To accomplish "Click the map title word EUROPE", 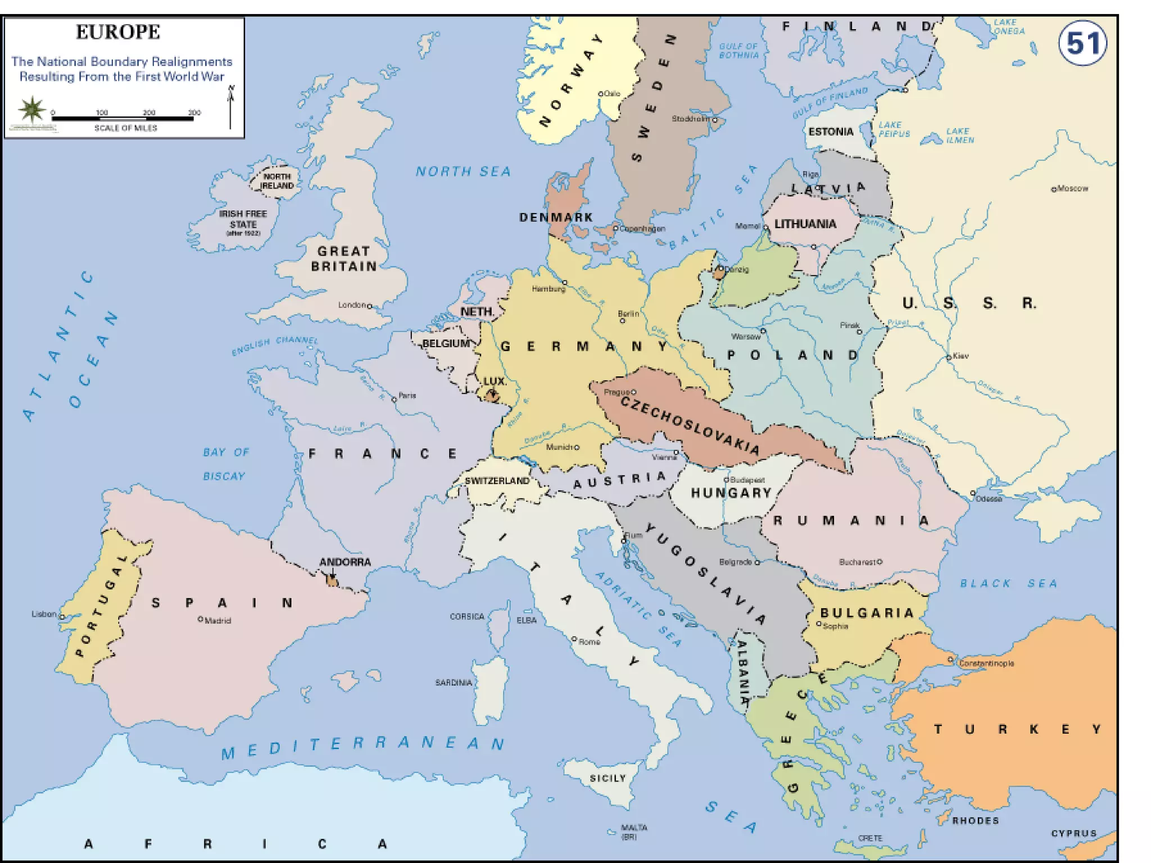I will [x=118, y=32].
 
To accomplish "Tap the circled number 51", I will [x=1082, y=44].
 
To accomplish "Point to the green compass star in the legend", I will [x=32, y=108].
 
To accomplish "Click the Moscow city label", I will [x=1072, y=189].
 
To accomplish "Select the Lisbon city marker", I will [x=62, y=616].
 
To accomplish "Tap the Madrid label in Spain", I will [x=217, y=621].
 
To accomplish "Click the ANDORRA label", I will [x=345, y=562].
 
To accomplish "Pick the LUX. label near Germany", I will [x=495, y=381].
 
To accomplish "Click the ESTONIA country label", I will [x=831, y=131].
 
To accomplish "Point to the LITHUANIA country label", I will [x=805, y=224].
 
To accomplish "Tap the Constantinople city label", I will [x=986, y=664].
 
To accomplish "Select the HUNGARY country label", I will [x=731, y=493].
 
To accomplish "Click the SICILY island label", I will [x=608, y=778].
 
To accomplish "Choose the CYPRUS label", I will [x=1073, y=833].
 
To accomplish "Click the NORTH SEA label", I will [x=463, y=171].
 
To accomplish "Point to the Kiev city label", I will [x=960, y=356].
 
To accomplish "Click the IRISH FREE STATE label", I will [x=243, y=219].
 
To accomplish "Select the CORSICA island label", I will [x=466, y=616].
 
